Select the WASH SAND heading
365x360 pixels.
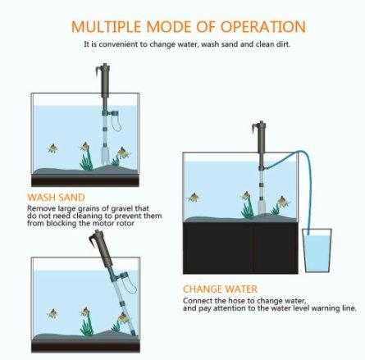click(57, 198)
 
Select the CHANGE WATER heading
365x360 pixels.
click(220, 289)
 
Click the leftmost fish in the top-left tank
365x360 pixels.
click(52, 148)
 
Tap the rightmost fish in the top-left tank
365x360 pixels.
click(122, 152)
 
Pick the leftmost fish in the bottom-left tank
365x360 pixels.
click(52, 313)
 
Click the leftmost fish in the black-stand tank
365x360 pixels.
click(194, 198)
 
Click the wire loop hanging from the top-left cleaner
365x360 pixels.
click(117, 123)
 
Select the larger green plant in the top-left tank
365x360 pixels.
click(87, 156)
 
